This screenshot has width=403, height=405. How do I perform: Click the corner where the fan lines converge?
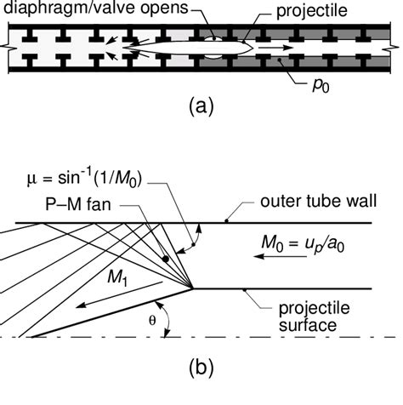(x=196, y=288)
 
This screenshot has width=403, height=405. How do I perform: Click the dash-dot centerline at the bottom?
(x=255, y=338)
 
